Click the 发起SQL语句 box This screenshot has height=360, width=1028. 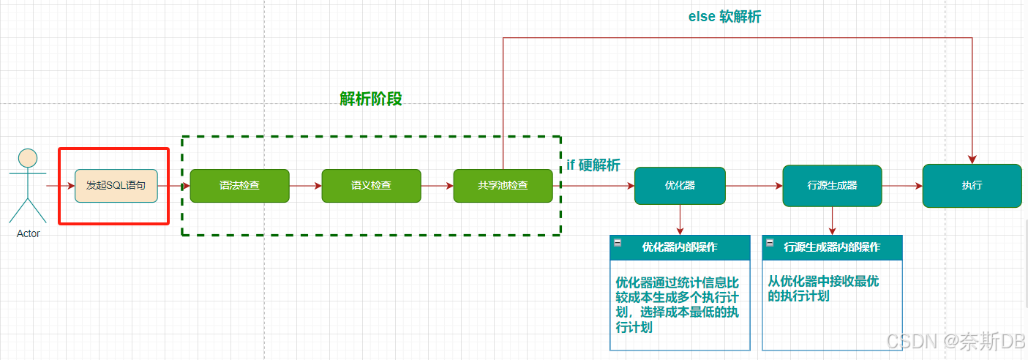116,186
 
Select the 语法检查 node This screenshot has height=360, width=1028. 239,186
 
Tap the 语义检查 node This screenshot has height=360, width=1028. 371,186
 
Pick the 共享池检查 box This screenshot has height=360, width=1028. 503,186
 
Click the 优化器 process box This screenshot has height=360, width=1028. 680,186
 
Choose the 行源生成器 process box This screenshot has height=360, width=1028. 832,186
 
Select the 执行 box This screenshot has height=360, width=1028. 972,186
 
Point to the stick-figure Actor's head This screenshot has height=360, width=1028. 28,158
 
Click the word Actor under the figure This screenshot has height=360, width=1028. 28,233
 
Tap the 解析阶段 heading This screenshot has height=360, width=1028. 371,99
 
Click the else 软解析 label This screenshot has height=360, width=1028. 724,16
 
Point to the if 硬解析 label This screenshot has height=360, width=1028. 593,165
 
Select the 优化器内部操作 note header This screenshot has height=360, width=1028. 680,247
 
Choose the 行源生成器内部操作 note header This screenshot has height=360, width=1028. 832,247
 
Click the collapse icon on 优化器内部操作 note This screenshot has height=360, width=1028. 618,242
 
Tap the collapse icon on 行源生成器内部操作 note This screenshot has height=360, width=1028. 770,242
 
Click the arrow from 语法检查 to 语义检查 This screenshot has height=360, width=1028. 305,186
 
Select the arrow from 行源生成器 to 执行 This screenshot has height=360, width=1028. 901,186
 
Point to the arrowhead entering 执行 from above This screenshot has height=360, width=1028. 972,159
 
